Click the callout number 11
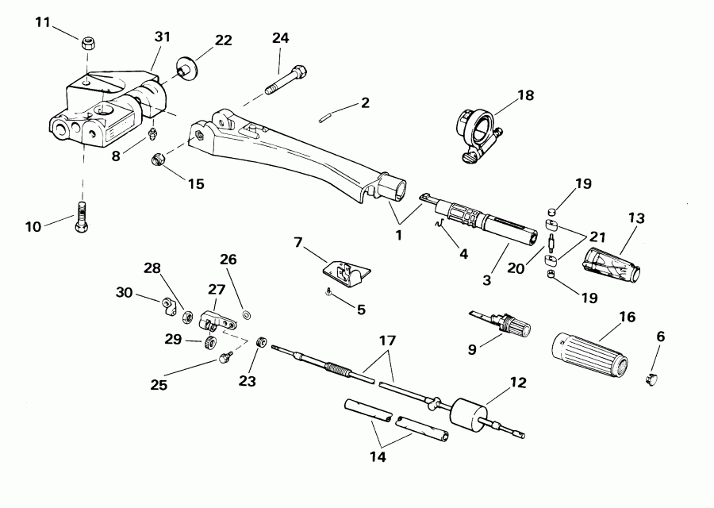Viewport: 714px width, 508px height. tap(43, 21)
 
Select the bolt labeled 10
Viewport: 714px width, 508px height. tap(80, 217)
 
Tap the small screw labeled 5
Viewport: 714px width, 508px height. tap(328, 293)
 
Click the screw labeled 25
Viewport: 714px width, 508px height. tap(224, 358)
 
